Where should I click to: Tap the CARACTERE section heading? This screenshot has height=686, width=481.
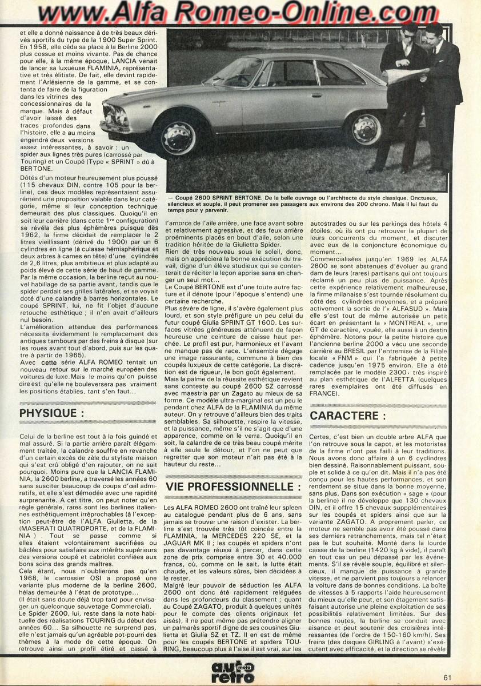(x=348, y=416)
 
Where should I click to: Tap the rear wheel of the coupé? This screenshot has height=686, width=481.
(x=364, y=129)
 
